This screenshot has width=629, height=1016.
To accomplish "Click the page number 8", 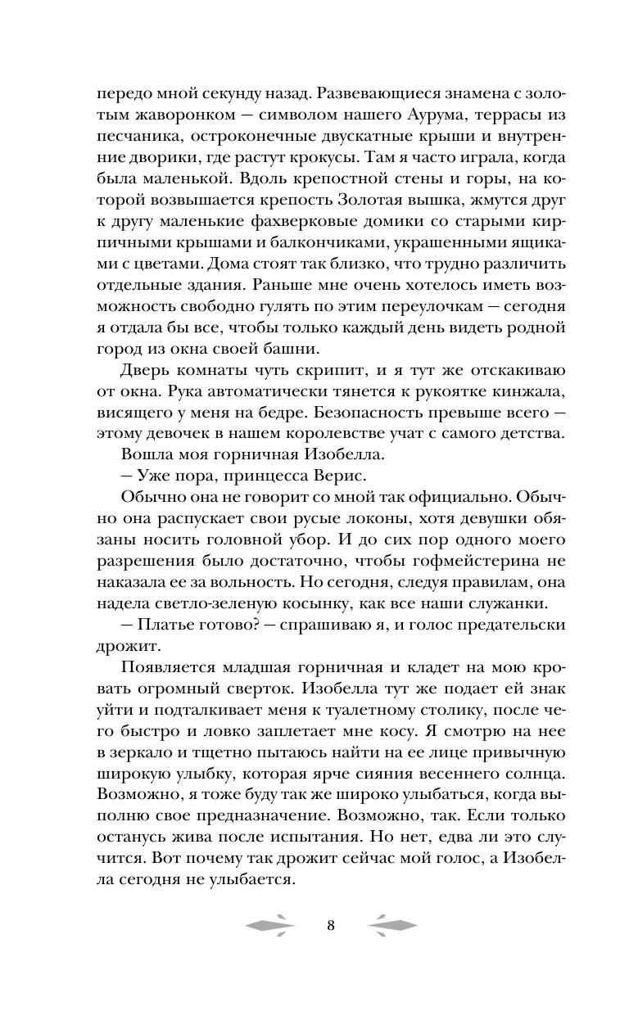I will click(330, 926).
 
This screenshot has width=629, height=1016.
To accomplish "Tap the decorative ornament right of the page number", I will click(392, 926).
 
